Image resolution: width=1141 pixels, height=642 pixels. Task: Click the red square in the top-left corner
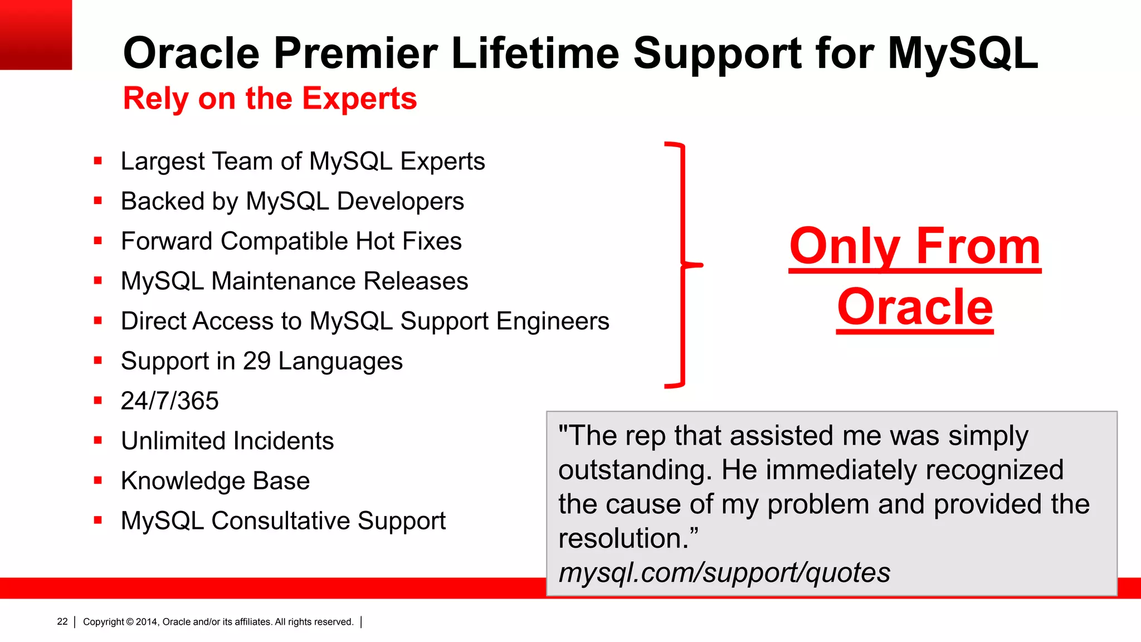click(36, 35)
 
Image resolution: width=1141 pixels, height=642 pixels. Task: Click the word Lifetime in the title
click(535, 53)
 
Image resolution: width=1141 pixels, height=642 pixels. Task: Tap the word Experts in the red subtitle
click(359, 99)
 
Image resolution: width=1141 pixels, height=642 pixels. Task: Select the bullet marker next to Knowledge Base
click(98, 480)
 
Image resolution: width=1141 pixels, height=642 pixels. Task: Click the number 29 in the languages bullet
click(257, 361)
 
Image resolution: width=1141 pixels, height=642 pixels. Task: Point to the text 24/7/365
click(169, 401)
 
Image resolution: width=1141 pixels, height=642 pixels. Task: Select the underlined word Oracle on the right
click(915, 307)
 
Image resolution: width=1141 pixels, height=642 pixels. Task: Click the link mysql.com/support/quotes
click(724, 573)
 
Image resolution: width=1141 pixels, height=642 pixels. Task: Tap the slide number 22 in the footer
click(62, 621)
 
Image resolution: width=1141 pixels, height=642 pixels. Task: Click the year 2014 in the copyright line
click(147, 622)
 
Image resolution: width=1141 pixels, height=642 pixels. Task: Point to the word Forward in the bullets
click(167, 241)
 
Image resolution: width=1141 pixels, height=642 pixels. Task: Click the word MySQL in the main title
click(963, 53)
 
